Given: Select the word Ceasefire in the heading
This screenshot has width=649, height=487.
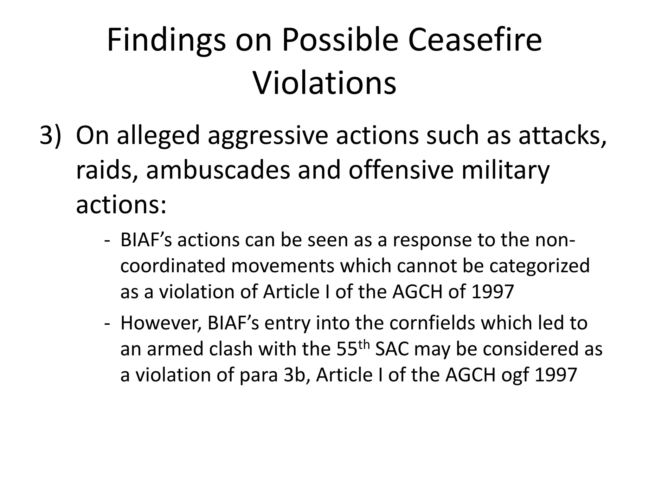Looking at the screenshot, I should [x=474, y=40].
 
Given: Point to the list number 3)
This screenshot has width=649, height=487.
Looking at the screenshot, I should [x=50, y=135].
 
